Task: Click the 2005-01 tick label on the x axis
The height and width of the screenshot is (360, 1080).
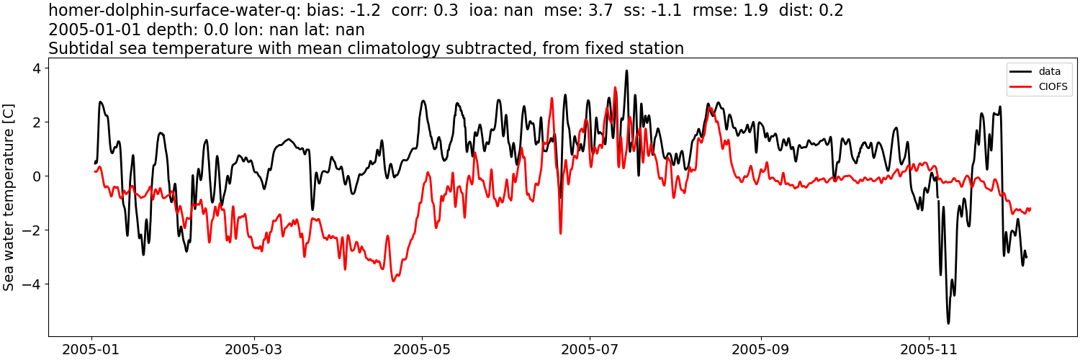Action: coord(91,349)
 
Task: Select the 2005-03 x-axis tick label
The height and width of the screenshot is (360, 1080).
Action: coord(254,349)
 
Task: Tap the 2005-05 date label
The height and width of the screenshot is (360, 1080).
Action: coord(422,349)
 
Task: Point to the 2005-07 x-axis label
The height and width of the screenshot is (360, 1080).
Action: coord(590,349)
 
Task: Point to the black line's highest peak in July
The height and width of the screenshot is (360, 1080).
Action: coord(626,71)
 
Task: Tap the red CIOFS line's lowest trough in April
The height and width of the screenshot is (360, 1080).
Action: coord(394,281)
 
